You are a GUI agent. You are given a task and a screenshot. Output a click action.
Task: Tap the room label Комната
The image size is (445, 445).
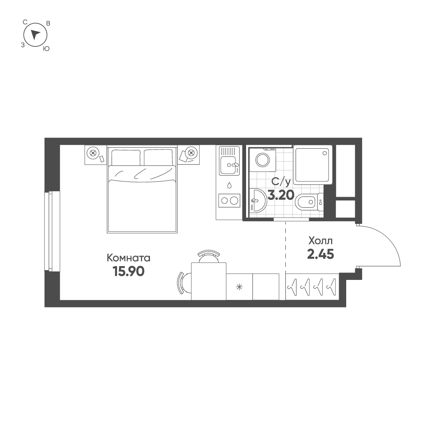[129, 258]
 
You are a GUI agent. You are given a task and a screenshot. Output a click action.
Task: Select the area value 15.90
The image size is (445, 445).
[129, 271]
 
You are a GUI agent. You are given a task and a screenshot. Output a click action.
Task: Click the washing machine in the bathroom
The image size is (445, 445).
[262, 160]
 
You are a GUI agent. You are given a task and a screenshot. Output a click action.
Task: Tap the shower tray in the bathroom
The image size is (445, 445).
[313, 164]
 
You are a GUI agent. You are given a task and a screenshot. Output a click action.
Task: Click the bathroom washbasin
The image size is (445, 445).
[257, 201]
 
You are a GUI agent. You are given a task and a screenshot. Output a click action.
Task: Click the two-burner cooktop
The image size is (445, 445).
[229, 201]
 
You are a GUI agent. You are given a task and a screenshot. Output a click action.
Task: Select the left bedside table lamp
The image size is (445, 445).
[93, 153]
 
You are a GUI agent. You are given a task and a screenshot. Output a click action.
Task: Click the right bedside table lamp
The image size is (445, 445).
[191, 153]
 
